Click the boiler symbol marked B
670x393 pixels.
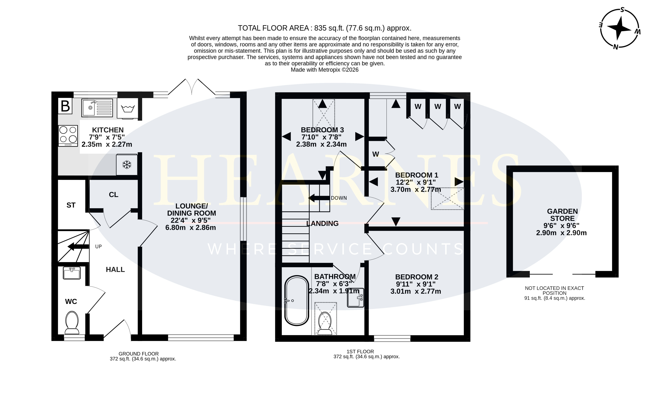65,106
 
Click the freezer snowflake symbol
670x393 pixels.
127,165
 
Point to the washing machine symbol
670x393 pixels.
128,108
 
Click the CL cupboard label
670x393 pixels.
114,195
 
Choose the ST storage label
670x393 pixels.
71,205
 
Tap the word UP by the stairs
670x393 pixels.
98,246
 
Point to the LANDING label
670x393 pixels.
323,224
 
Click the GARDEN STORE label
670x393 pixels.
562,215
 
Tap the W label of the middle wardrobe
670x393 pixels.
438,107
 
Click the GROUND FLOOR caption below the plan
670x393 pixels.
139,354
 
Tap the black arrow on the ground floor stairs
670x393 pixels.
78,247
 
